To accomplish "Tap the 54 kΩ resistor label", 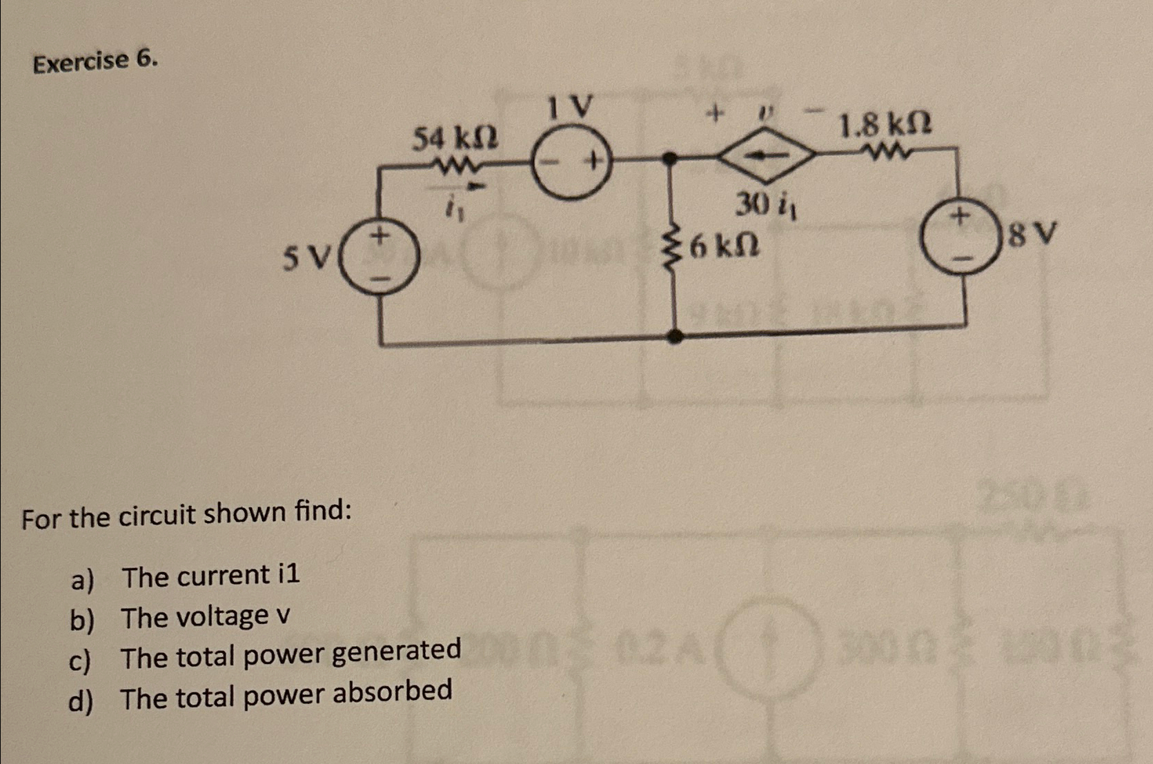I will tap(455, 138).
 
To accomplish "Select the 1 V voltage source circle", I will tap(572, 164).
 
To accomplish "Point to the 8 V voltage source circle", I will tap(960, 236).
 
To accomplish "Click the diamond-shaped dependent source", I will tap(766, 155).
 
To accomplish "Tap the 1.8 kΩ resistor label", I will tap(884, 126).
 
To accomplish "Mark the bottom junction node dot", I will tap(676, 336).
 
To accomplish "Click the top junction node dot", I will tap(668, 159).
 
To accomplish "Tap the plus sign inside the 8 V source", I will tap(958, 216).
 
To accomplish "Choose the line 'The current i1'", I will tap(210, 576).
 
